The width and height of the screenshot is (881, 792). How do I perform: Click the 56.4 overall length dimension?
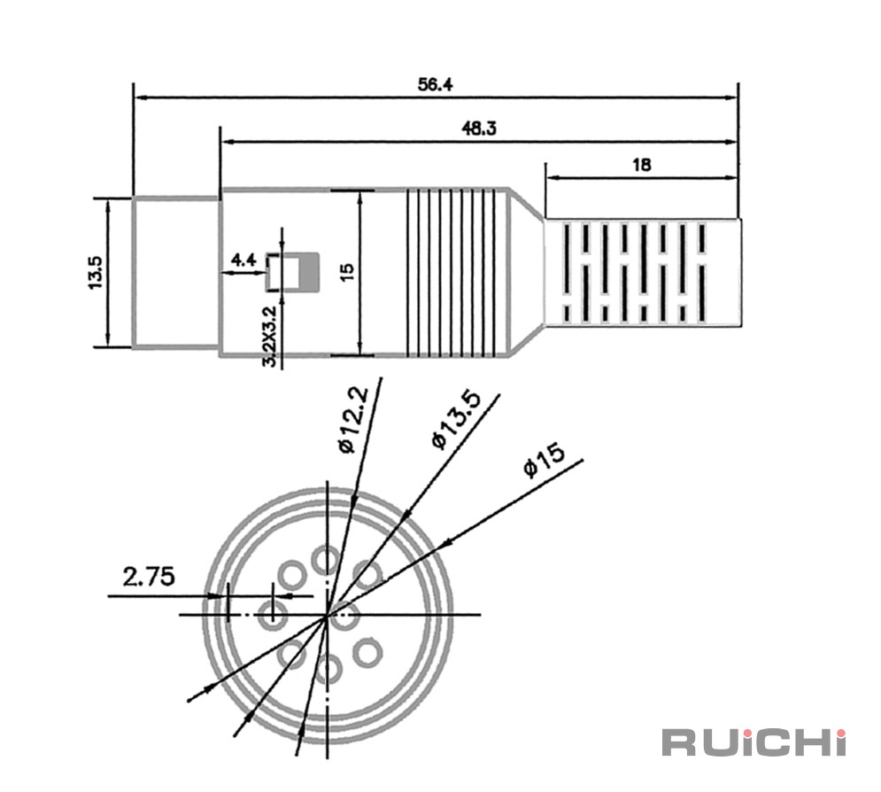[435, 84]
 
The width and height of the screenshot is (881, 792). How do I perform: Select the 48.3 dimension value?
[479, 128]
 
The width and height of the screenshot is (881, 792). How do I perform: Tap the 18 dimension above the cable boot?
[641, 165]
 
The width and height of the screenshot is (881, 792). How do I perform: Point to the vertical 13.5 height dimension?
[95, 272]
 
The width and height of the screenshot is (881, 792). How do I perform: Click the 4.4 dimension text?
[243, 260]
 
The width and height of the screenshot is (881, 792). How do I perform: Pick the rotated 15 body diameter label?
[347, 272]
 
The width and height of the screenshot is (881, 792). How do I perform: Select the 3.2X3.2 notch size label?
[270, 336]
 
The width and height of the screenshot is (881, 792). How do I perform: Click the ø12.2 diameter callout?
[354, 419]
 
